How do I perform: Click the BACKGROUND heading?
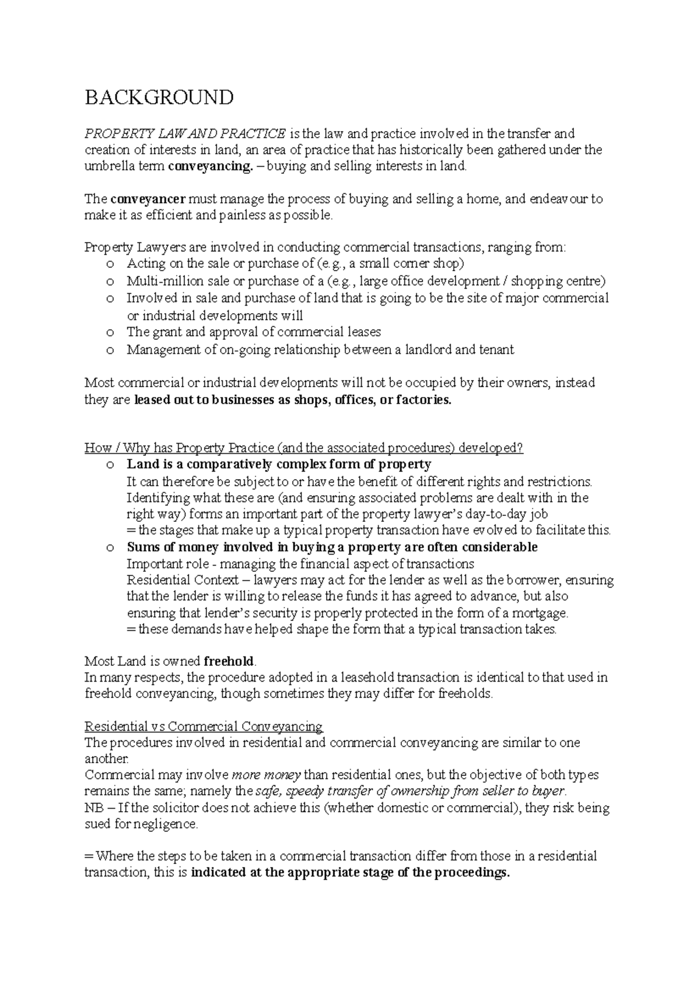159,97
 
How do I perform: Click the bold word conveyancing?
208,166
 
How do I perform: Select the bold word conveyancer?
148,199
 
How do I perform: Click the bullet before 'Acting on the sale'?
110,264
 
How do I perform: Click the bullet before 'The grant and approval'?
110,333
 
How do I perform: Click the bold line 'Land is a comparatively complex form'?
279,465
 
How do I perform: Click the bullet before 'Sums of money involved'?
110,548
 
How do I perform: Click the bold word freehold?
229,661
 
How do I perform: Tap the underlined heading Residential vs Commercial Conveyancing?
204,726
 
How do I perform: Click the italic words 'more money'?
267,775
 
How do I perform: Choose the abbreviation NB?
93,809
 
